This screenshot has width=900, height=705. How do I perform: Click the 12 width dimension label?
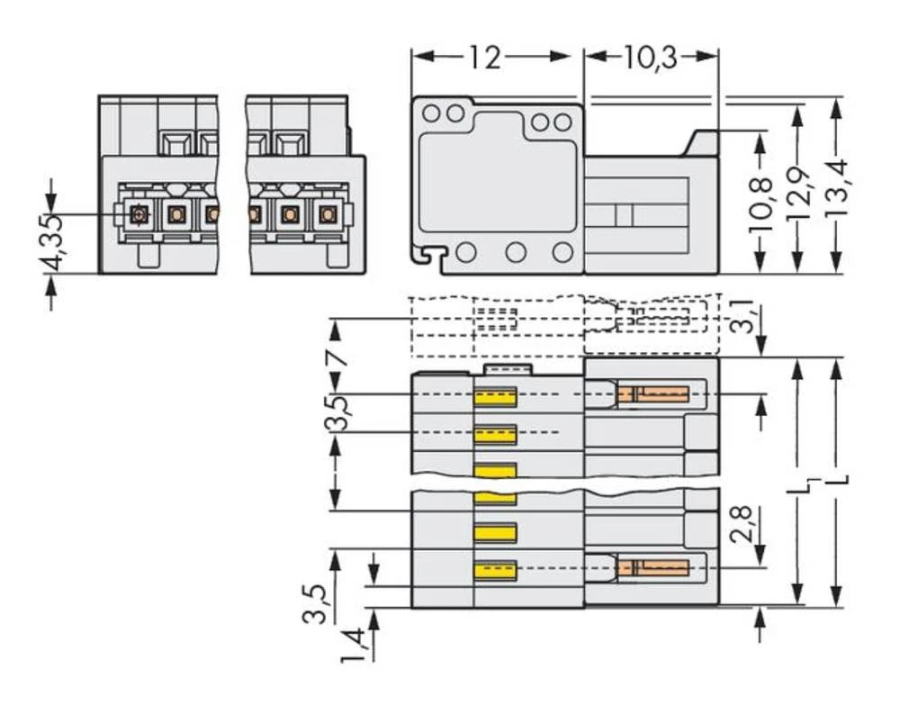point(483,58)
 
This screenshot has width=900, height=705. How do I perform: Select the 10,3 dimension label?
point(652,58)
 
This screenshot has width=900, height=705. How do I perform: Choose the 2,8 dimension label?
point(742,522)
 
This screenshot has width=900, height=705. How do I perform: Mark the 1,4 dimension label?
point(355,645)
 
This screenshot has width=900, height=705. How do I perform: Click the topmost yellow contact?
point(495,396)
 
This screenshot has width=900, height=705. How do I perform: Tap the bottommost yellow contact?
point(495,570)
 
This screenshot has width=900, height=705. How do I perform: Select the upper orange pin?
point(653,393)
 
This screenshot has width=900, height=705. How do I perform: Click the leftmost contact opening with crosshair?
point(138,214)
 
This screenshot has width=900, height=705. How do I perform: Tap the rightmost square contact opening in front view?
point(327,214)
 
